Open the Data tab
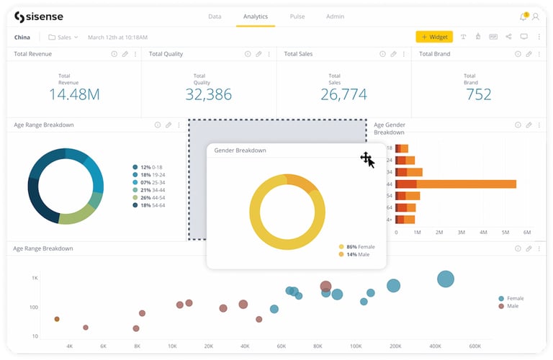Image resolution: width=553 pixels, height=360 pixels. coord(215,17)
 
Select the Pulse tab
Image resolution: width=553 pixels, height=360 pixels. coord(297,17)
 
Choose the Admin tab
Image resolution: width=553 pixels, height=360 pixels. coord(335,17)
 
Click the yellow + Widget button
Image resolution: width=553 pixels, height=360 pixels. coord(434,37)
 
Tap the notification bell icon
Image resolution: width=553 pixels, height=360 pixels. coord(523,17)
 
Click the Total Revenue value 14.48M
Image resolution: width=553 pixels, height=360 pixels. coord(74,94)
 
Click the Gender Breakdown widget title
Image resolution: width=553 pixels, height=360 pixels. coord(240,150)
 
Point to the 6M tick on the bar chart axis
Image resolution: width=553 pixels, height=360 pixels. coord(527,233)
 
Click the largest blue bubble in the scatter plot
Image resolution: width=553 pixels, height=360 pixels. coord(446,279)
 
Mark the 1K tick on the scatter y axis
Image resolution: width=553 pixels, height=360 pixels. coord(34,278)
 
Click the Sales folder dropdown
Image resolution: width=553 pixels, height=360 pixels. coord(63,37)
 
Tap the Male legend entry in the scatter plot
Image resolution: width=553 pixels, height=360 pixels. coord(511,306)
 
